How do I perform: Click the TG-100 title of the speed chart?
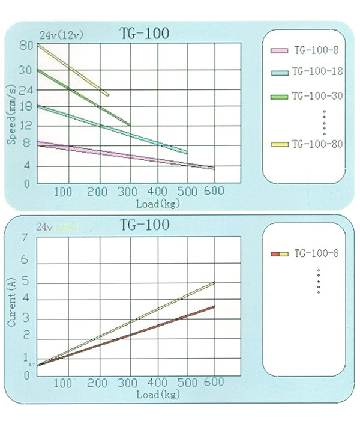pos(145,33)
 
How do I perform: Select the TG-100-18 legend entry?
pos(317,71)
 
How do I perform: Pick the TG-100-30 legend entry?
pos(317,96)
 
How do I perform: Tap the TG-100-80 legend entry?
pos(317,144)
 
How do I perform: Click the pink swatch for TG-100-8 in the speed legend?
pos(280,50)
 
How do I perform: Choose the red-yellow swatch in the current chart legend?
pos(280,255)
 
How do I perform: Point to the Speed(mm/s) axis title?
pos(12,114)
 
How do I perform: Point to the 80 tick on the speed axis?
pos(25,46)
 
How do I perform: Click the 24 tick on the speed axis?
pos(25,89)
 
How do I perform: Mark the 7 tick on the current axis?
pos(25,238)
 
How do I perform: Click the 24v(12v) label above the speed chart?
pos(62,34)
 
